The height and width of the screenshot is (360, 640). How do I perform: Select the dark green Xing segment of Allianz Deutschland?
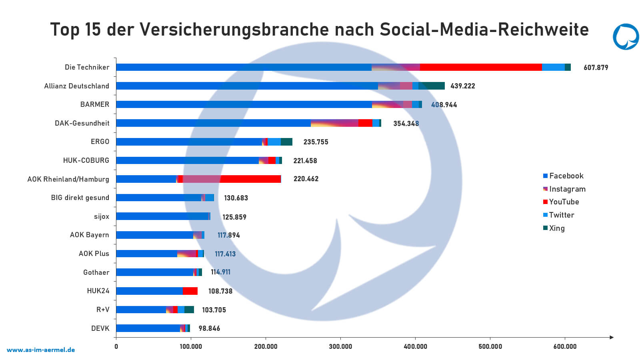(432, 86)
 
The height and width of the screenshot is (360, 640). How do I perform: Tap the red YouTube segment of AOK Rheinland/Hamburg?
(250, 179)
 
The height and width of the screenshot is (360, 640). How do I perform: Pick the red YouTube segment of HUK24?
(190, 291)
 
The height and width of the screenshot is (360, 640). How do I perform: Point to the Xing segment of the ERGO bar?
(286, 142)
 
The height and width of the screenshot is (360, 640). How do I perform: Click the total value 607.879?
(596, 68)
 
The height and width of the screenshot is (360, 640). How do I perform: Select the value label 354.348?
(406, 123)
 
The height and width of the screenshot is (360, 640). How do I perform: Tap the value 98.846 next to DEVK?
(209, 328)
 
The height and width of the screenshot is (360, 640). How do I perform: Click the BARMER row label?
(94, 104)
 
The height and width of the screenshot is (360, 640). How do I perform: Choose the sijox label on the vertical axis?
(101, 216)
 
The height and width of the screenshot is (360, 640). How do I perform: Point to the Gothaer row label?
(96, 272)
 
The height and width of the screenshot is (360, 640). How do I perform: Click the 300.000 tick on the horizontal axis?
(340, 346)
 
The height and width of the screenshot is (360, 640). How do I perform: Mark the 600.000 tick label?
(565, 346)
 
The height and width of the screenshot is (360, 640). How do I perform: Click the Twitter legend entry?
(561, 215)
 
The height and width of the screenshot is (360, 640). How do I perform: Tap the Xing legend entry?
(556, 228)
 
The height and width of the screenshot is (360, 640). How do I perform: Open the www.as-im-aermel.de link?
(41, 350)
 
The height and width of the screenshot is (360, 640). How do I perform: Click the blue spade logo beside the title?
(626, 37)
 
